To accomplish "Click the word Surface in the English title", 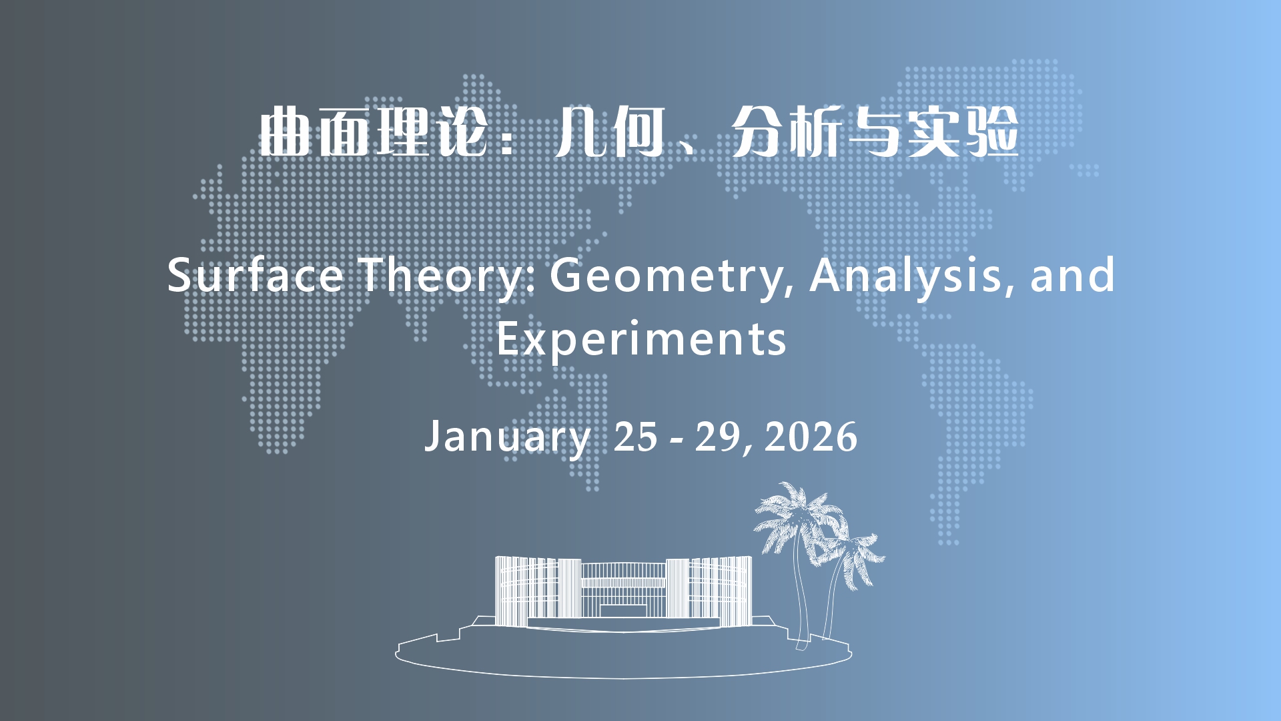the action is (255, 274).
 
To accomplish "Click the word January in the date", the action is (508, 438).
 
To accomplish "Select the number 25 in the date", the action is (635, 437).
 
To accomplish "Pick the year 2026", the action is (811, 437).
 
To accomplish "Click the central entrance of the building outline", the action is (623, 611).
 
